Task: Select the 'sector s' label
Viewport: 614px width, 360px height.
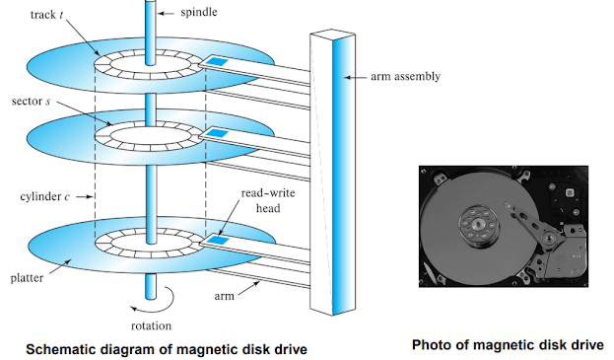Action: [29, 103]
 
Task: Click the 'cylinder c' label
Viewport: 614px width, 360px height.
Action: [41, 196]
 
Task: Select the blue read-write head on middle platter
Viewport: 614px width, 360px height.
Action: [219, 132]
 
